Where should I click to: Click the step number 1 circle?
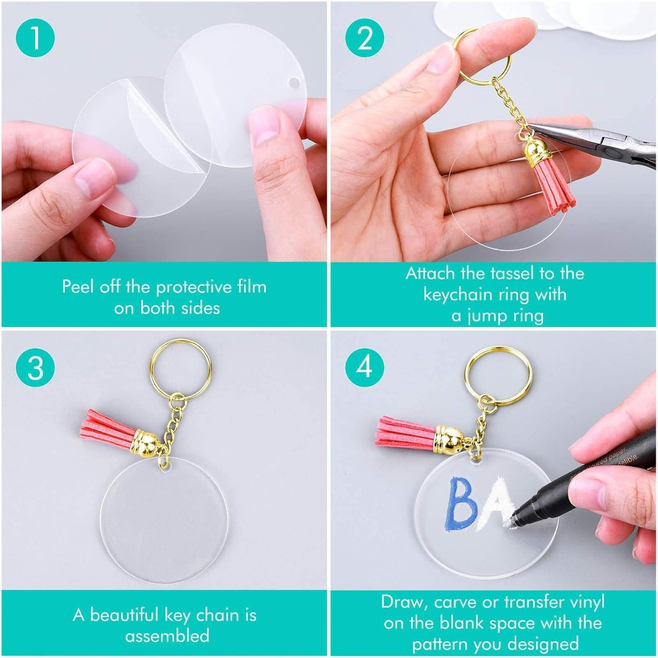tap(35, 38)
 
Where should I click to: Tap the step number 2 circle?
tap(365, 38)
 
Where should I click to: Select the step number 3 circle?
tap(35, 367)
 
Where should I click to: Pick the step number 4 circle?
tap(365, 367)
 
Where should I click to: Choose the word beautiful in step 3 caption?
tap(125, 615)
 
